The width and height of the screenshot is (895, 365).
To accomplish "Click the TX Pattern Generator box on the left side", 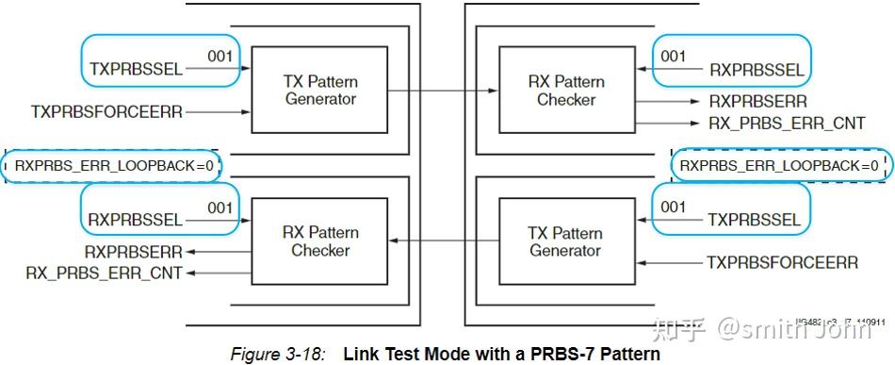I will [x=319, y=91].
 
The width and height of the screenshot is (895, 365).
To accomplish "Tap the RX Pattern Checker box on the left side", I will [x=320, y=241].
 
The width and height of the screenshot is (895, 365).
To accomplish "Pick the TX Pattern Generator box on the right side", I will [x=565, y=242].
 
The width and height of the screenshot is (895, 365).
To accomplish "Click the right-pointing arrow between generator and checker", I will [x=442, y=91].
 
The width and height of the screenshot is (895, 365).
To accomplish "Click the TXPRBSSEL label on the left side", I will [x=136, y=69].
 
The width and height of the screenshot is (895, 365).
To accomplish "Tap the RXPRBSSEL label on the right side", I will [x=757, y=70].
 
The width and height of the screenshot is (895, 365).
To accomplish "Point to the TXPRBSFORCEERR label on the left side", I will [x=106, y=112].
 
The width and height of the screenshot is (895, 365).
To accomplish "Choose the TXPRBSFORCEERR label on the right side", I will [x=782, y=262].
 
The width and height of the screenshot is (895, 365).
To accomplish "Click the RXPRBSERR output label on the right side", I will [x=757, y=101].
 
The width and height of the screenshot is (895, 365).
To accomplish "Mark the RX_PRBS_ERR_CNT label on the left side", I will [x=105, y=273].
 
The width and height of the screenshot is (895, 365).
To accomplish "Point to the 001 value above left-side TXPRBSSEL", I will [x=220, y=56].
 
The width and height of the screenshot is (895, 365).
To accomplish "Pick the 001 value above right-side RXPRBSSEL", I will [x=673, y=57].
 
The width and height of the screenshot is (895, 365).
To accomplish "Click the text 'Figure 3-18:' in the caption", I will [x=278, y=355].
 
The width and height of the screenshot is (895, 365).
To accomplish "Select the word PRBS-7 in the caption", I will [x=558, y=355].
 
